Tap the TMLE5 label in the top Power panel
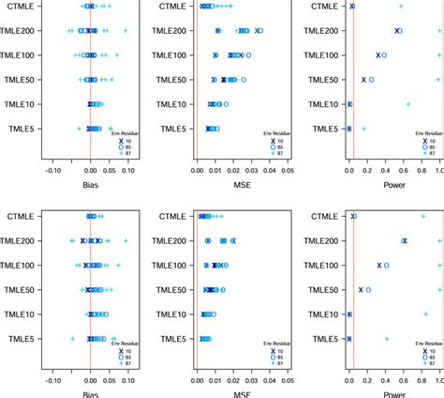point(318,129)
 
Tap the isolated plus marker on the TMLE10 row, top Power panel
point(408,104)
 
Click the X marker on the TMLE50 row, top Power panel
point(363,80)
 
